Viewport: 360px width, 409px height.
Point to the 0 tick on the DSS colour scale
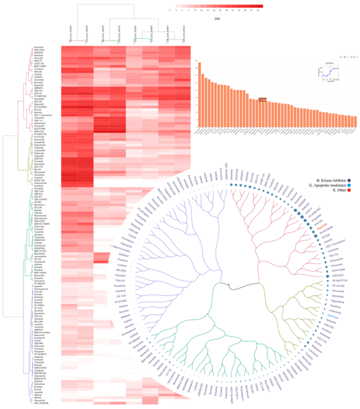170,10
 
